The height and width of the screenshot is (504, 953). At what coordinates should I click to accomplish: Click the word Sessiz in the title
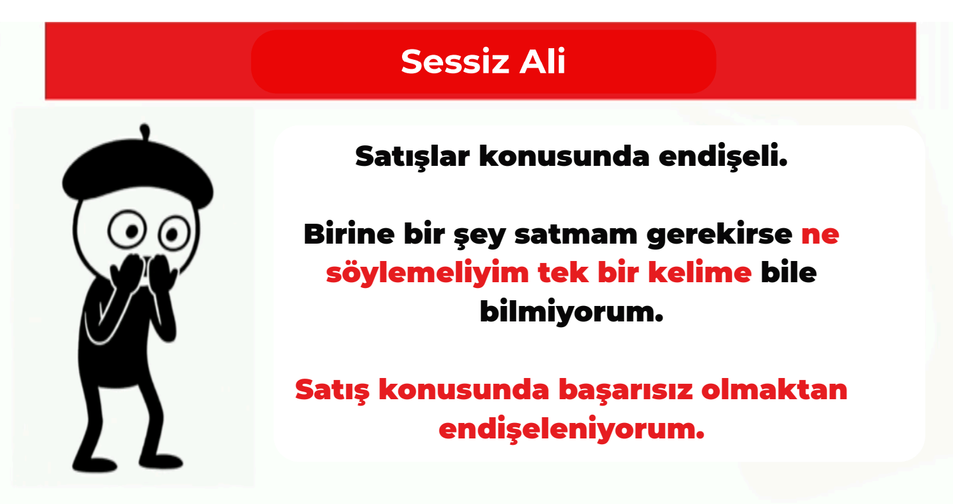point(455,61)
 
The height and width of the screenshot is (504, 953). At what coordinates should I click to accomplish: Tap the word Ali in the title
point(543,61)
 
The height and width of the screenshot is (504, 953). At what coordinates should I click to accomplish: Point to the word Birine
point(349,234)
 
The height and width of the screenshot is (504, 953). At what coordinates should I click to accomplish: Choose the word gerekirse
point(719,235)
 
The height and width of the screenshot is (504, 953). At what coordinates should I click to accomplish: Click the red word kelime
point(700,272)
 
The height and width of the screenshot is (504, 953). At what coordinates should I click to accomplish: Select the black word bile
point(789,272)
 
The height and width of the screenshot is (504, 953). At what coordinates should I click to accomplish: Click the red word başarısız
point(626,390)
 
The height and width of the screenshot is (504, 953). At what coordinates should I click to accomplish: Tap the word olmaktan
point(774,390)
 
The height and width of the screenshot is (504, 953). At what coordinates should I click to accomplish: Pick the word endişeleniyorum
point(572,429)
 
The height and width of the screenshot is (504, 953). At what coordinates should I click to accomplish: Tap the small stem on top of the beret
point(144,131)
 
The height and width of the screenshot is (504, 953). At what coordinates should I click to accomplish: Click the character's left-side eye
point(127,230)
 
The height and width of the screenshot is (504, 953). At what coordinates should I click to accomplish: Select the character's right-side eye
point(175,233)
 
